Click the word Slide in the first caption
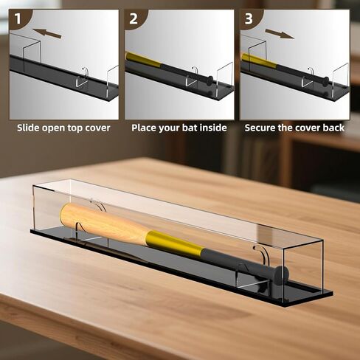(x=30, y=128)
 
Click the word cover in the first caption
(x=94, y=128)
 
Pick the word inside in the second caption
(x=212, y=128)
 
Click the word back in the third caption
(x=332, y=128)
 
